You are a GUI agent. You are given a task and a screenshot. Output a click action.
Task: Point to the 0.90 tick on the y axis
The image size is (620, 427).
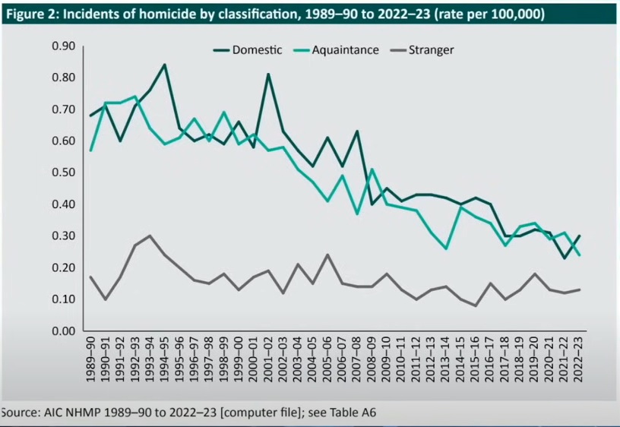62,46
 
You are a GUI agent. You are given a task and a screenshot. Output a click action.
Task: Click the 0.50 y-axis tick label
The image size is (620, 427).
62,172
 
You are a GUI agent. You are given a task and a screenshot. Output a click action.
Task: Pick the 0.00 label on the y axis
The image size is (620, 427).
62,331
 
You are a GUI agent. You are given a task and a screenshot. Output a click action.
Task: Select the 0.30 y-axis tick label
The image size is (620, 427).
62,236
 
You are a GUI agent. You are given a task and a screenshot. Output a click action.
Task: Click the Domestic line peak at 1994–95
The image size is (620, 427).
165,65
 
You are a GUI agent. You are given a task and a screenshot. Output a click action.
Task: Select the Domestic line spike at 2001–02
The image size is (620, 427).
269,74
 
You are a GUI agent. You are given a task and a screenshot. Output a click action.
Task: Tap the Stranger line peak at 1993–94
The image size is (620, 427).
150,236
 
